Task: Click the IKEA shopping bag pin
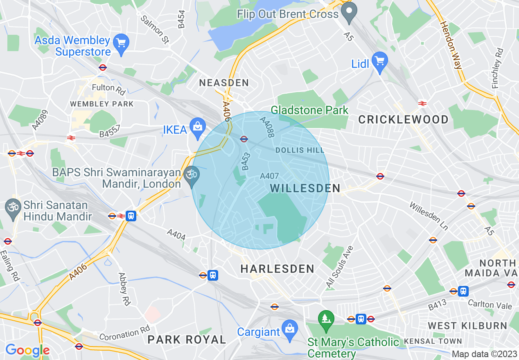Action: click(198, 127)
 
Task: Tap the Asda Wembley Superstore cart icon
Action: click(121, 43)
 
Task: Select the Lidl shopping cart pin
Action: click(380, 62)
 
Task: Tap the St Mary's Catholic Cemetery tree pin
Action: click(326, 318)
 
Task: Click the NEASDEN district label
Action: click(224, 83)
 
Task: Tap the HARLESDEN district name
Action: click(277, 269)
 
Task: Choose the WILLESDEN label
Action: click(305, 188)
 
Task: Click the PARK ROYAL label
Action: click(187, 339)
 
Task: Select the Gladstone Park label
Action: click(310, 110)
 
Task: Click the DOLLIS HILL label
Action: click(297, 150)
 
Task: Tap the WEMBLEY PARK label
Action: click(102, 104)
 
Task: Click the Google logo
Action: click(27, 350)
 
